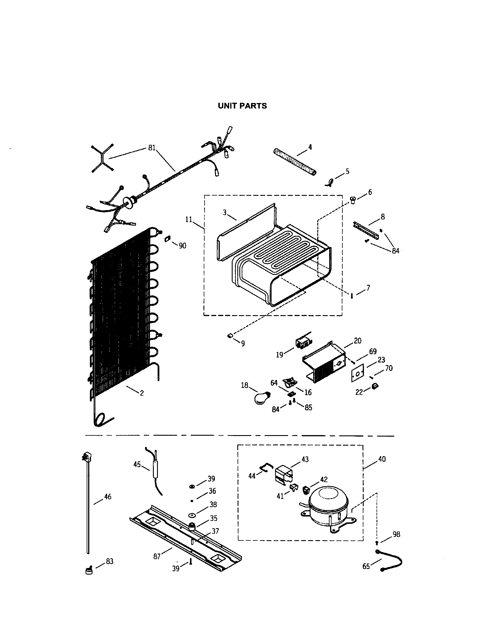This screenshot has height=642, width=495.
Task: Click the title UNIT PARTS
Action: pyautogui.click(x=242, y=106)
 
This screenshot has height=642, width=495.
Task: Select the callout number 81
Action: pyautogui.click(x=152, y=148)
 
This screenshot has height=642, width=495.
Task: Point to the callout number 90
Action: pyautogui.click(x=182, y=246)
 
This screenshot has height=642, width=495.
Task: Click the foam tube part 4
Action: pyautogui.click(x=294, y=162)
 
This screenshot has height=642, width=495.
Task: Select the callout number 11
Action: pyautogui.click(x=189, y=219)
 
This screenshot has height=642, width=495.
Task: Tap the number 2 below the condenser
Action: pyautogui.click(x=142, y=393)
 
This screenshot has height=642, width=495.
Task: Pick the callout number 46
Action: pyautogui.click(x=108, y=496)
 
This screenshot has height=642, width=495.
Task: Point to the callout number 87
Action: pyautogui.click(x=157, y=556)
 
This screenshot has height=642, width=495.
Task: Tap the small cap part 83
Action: pyautogui.click(x=88, y=571)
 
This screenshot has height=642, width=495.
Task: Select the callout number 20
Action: pyautogui.click(x=358, y=341)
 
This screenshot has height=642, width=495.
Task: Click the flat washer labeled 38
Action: pyautogui.click(x=193, y=515)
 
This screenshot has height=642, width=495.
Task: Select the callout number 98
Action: pyautogui.click(x=396, y=534)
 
